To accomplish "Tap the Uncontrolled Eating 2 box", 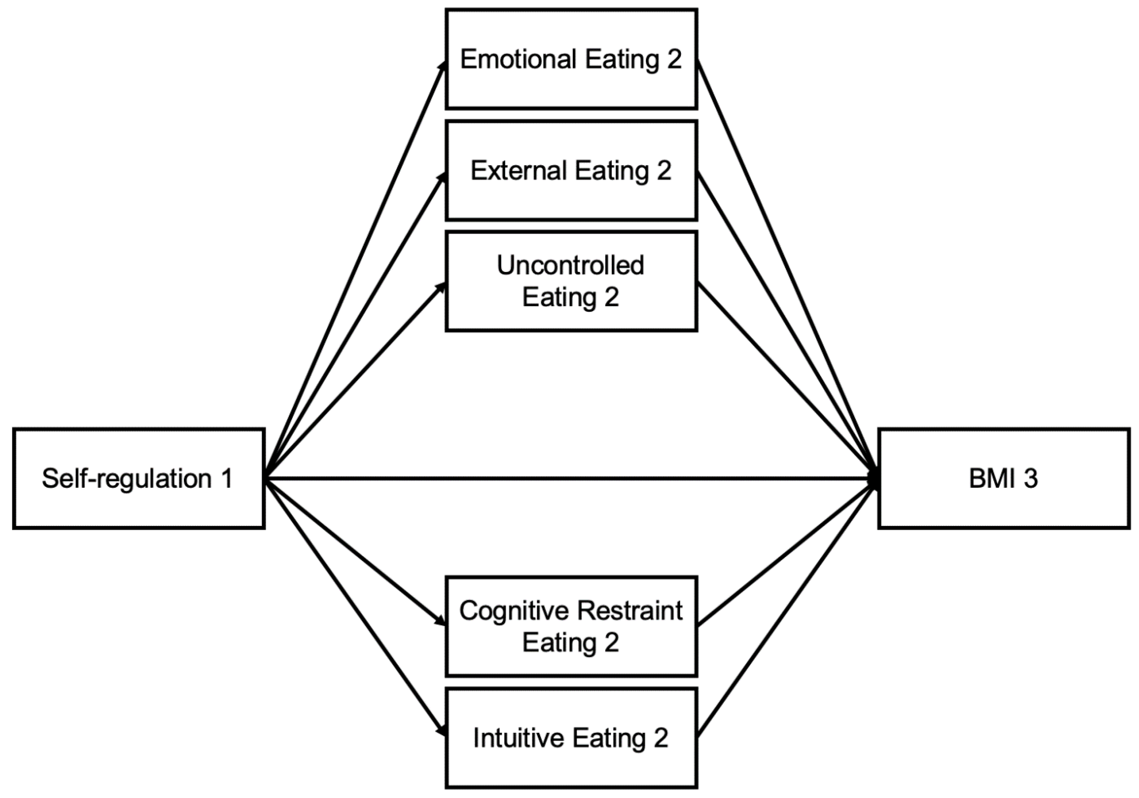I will coord(571,318).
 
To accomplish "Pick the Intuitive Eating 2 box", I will coord(571,764).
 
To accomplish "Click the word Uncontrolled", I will coord(571,265).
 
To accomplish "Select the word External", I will coord(518,171).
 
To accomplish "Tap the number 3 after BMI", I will coord(1030,479).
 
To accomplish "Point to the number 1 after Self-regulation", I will coord(226,479).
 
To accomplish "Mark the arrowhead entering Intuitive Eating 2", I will coord(441,731).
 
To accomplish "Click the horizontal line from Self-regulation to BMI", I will coord(571,479).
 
